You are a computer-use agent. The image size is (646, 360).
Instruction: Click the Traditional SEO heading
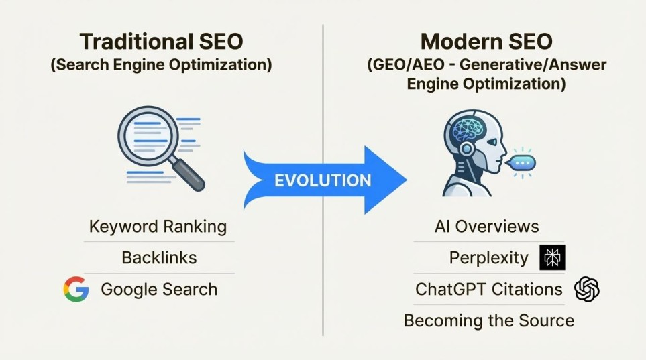click(x=161, y=41)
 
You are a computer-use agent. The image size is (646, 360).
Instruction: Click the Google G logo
click(x=76, y=289)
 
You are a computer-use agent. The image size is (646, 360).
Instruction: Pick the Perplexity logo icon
click(x=553, y=257)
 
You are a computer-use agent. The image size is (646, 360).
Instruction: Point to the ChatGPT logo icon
click(x=587, y=289)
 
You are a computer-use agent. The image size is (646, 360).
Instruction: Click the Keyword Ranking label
click(x=158, y=227)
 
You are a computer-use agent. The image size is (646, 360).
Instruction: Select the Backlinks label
click(x=159, y=257)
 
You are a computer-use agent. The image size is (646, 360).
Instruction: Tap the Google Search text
click(x=159, y=289)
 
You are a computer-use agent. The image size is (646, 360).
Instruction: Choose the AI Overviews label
click(x=486, y=227)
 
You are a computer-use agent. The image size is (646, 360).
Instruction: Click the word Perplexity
click(x=489, y=257)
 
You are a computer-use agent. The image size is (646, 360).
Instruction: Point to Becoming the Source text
click(x=489, y=320)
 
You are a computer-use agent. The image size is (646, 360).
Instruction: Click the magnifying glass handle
click(x=191, y=174)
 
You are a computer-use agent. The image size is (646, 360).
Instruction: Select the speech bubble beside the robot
click(x=521, y=162)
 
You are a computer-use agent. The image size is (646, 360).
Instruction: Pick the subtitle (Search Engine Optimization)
click(x=161, y=66)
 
